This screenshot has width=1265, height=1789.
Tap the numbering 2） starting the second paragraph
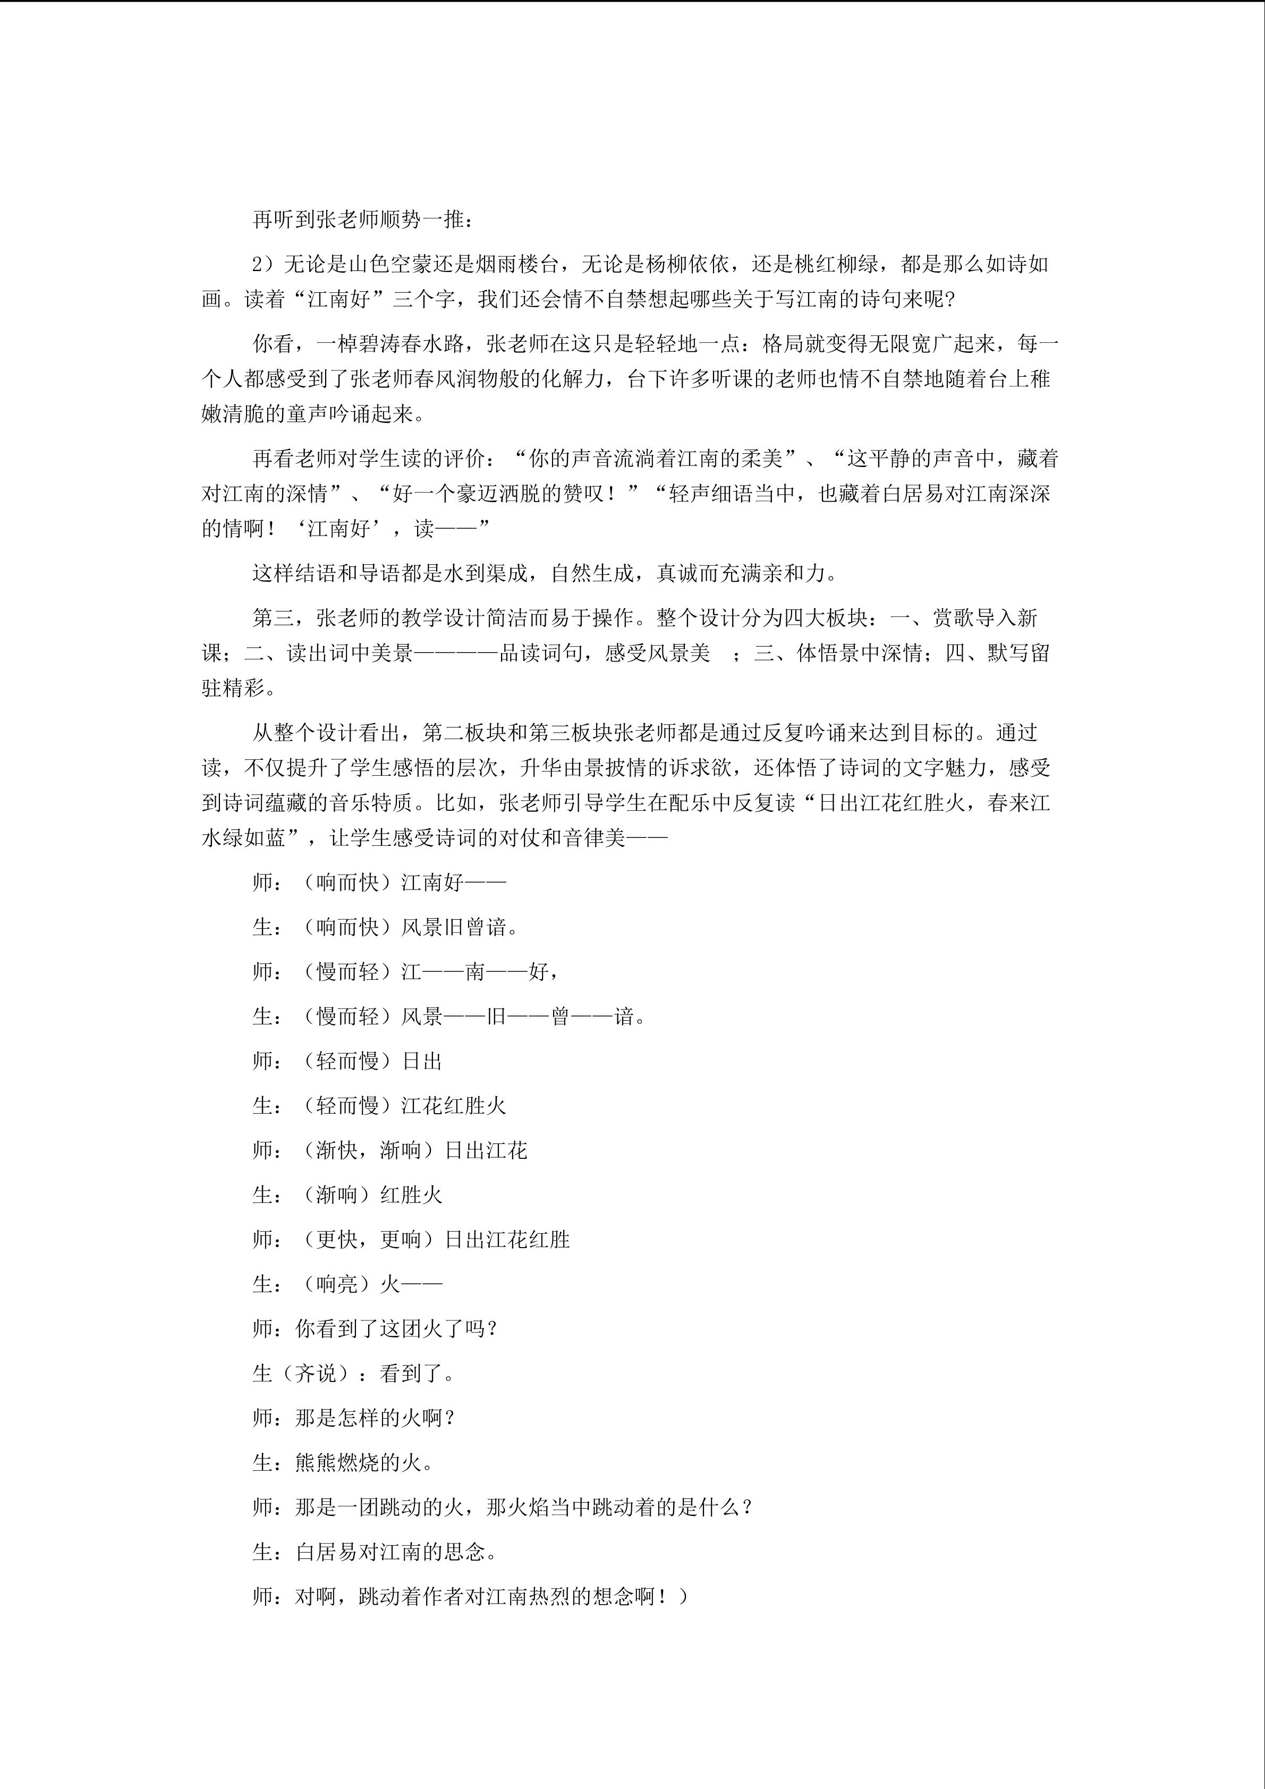pos(266,264)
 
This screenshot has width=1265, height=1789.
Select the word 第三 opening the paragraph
pos(274,618)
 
